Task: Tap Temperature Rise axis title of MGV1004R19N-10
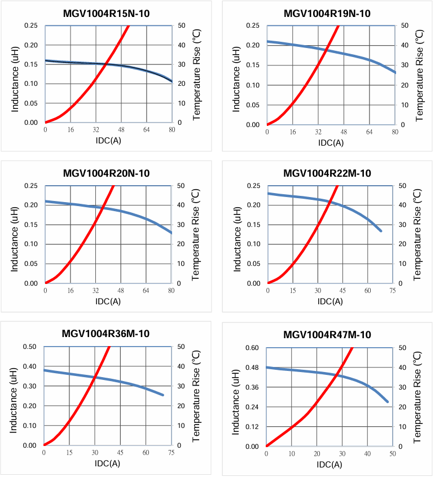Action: tap(418, 75)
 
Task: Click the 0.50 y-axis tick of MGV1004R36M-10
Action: tap(29, 347)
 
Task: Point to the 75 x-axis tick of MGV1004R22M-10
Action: tap(392, 291)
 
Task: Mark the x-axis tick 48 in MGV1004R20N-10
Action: tap(120, 291)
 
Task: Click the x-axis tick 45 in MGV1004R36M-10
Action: tap(120, 453)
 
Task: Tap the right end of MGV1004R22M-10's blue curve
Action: tap(381, 230)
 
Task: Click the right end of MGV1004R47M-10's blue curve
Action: tap(388, 401)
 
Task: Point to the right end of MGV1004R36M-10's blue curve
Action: tap(163, 395)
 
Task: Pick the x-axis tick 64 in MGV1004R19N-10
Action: tap(369, 132)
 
